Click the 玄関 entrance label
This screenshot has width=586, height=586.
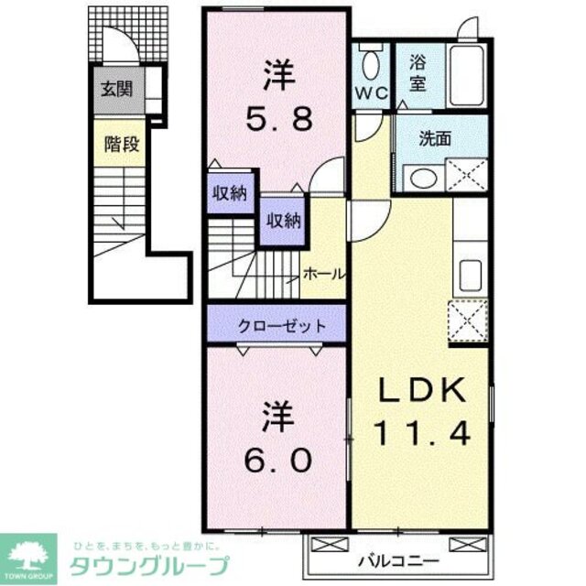116,90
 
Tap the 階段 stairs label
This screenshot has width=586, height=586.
116,144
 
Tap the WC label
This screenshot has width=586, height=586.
371,92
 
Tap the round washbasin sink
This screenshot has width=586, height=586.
422,178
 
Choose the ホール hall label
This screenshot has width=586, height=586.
323,274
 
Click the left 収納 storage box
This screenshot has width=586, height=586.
232,192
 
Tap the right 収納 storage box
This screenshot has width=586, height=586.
283,220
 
